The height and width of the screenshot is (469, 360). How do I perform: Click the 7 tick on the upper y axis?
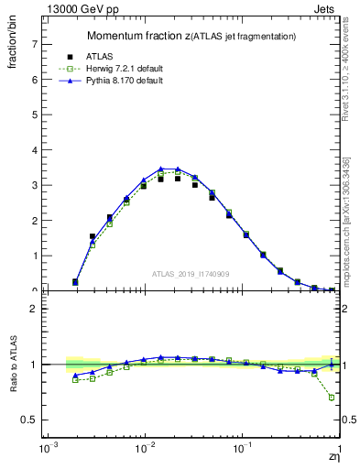(34, 44)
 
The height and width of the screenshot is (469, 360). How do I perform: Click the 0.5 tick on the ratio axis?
(29, 420)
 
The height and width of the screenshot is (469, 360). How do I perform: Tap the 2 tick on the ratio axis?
(34, 309)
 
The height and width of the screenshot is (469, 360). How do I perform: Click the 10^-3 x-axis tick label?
(45, 450)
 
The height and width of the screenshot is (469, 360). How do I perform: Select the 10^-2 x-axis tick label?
(144, 450)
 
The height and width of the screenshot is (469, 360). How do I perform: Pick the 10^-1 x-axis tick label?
(242, 450)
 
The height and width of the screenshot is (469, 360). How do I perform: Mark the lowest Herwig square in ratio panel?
(332, 398)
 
